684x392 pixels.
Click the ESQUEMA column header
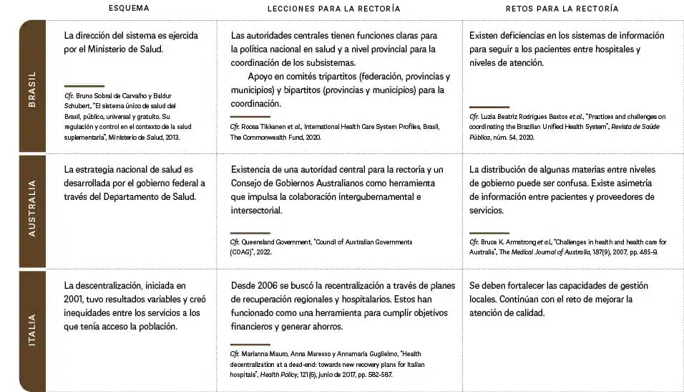[129, 9]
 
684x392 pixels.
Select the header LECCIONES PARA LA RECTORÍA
[333, 9]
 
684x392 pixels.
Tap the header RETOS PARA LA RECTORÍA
[562, 9]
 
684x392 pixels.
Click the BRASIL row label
[32, 90]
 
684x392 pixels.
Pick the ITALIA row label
[32, 330]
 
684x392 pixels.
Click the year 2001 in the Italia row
[74, 299]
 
